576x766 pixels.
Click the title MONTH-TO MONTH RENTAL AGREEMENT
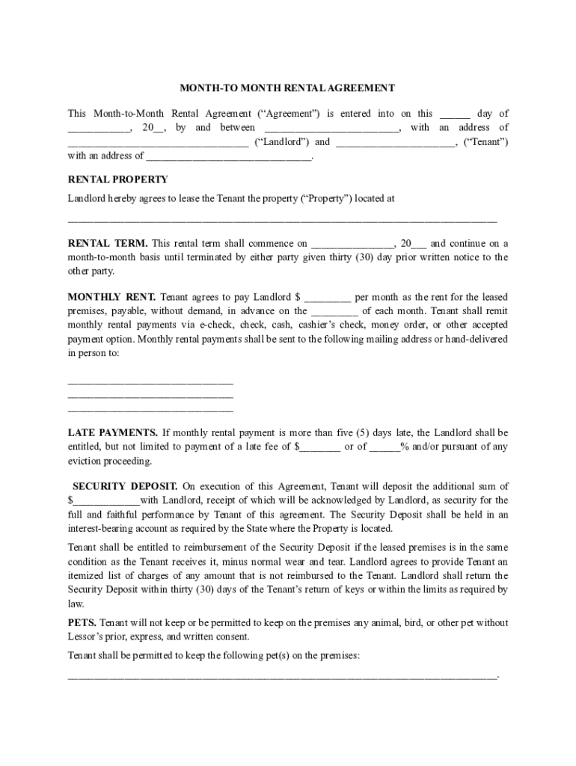[287, 88]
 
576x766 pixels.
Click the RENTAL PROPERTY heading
[117, 180]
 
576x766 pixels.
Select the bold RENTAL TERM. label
[108, 244]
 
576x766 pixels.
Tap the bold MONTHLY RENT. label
[111, 297]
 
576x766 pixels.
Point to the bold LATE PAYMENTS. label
[112, 433]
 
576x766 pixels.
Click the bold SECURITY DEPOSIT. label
[125, 486]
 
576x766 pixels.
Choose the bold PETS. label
[82, 623]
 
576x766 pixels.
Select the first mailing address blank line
[150, 384]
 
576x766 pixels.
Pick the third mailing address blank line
[150, 411]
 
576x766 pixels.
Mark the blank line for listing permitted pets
[282, 676]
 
